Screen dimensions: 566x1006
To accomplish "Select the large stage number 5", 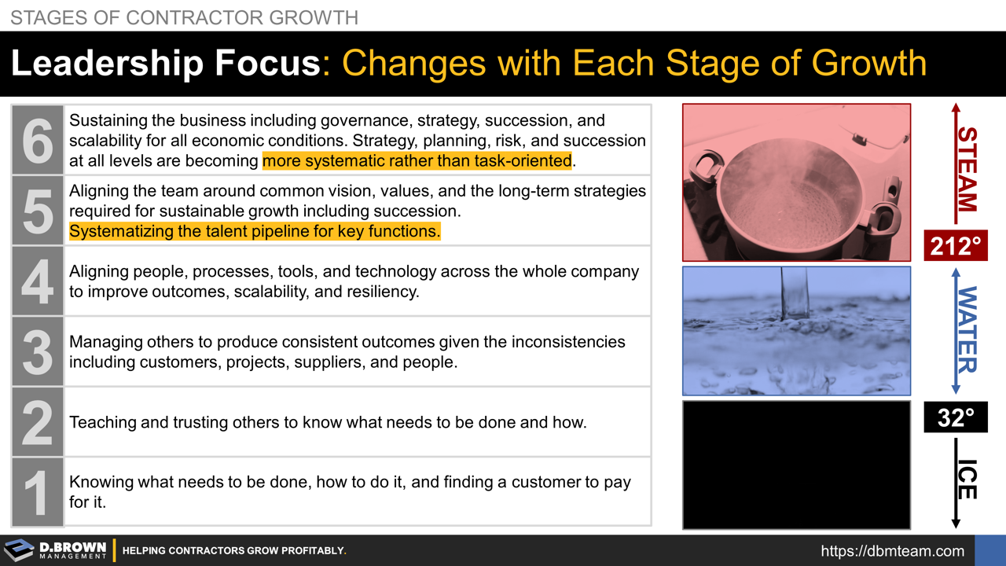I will (x=37, y=210).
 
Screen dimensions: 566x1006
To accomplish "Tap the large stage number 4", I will (x=37, y=281).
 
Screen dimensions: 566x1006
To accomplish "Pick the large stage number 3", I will (x=37, y=351).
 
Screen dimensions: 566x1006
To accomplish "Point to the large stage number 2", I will (x=37, y=421).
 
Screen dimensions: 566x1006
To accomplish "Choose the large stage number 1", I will (x=37, y=492).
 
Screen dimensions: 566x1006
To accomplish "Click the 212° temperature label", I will (x=955, y=247).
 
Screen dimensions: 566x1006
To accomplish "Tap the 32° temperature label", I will (x=955, y=417).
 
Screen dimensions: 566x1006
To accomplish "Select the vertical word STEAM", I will (x=967, y=169).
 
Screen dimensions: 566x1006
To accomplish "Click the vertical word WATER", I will (x=967, y=330).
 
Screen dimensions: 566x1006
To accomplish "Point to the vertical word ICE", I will (x=967, y=480).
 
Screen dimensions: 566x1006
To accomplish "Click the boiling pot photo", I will (x=796, y=182).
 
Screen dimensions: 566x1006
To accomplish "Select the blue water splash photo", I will (x=796, y=331).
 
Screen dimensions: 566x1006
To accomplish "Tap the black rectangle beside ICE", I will (x=796, y=465).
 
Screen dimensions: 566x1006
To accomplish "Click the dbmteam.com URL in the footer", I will (x=892, y=551).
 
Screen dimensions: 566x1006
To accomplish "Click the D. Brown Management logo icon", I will (x=19, y=550).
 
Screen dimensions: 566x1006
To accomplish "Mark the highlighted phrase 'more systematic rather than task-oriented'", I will (x=417, y=161).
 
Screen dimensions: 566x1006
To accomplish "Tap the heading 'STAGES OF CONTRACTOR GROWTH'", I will (x=185, y=17).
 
